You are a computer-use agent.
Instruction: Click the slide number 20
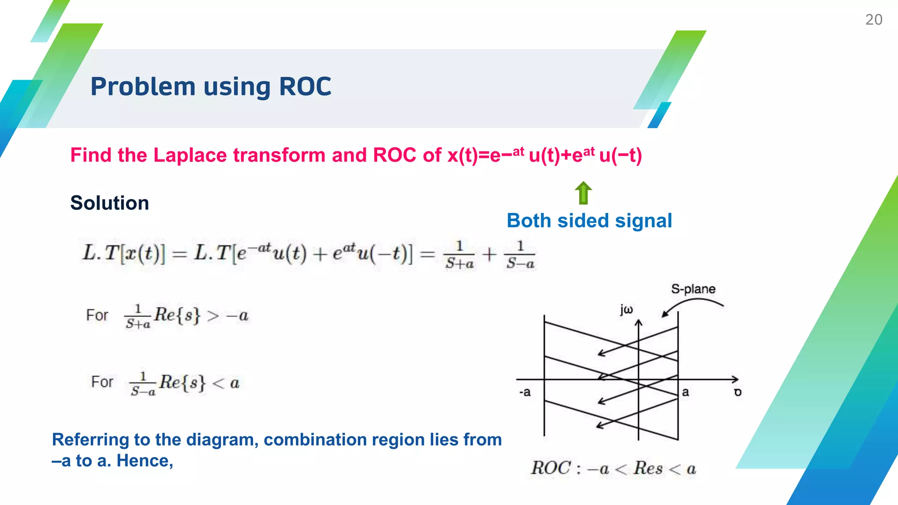873,20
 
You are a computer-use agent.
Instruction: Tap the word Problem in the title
143,86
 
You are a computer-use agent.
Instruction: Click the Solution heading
110,203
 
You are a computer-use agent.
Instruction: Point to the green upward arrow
583,193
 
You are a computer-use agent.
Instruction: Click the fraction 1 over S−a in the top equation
520,255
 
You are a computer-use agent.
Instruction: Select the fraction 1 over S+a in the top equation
459,255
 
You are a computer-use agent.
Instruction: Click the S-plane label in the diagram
693,289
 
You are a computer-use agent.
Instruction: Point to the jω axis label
626,309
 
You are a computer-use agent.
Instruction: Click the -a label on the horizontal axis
525,392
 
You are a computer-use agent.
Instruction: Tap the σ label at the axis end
738,392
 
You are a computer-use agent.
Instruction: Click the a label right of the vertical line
685,392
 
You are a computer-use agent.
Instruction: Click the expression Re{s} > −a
201,315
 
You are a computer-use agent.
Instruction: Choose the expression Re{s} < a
199,383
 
